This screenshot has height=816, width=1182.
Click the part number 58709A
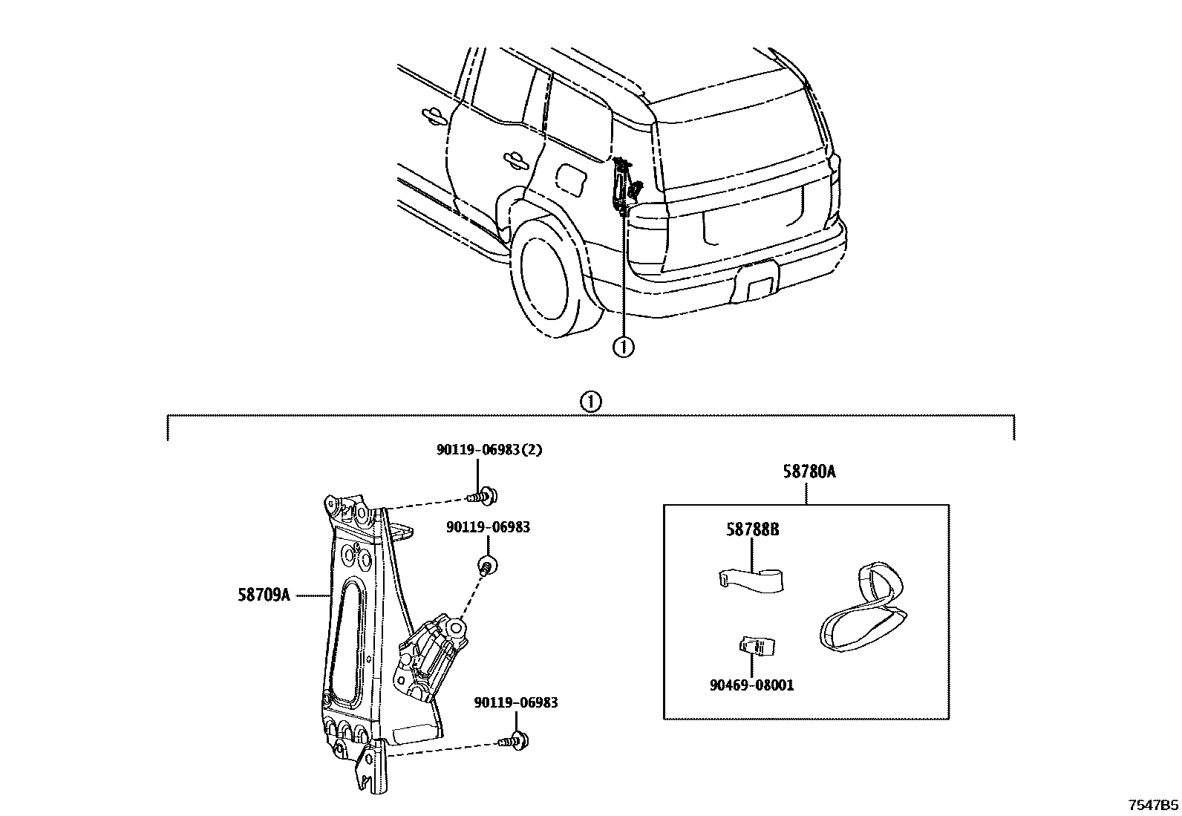click(x=264, y=595)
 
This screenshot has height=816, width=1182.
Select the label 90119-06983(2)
click(x=489, y=451)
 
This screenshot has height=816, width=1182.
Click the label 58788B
click(x=752, y=529)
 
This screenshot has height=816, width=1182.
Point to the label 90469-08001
click(x=751, y=685)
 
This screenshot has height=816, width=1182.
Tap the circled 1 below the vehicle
click(x=624, y=346)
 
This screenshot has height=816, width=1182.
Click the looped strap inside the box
click(x=863, y=610)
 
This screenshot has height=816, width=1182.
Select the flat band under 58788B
click(x=752, y=580)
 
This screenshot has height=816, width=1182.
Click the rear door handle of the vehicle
click(x=512, y=158)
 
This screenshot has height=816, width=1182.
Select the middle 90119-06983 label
click(x=488, y=527)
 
